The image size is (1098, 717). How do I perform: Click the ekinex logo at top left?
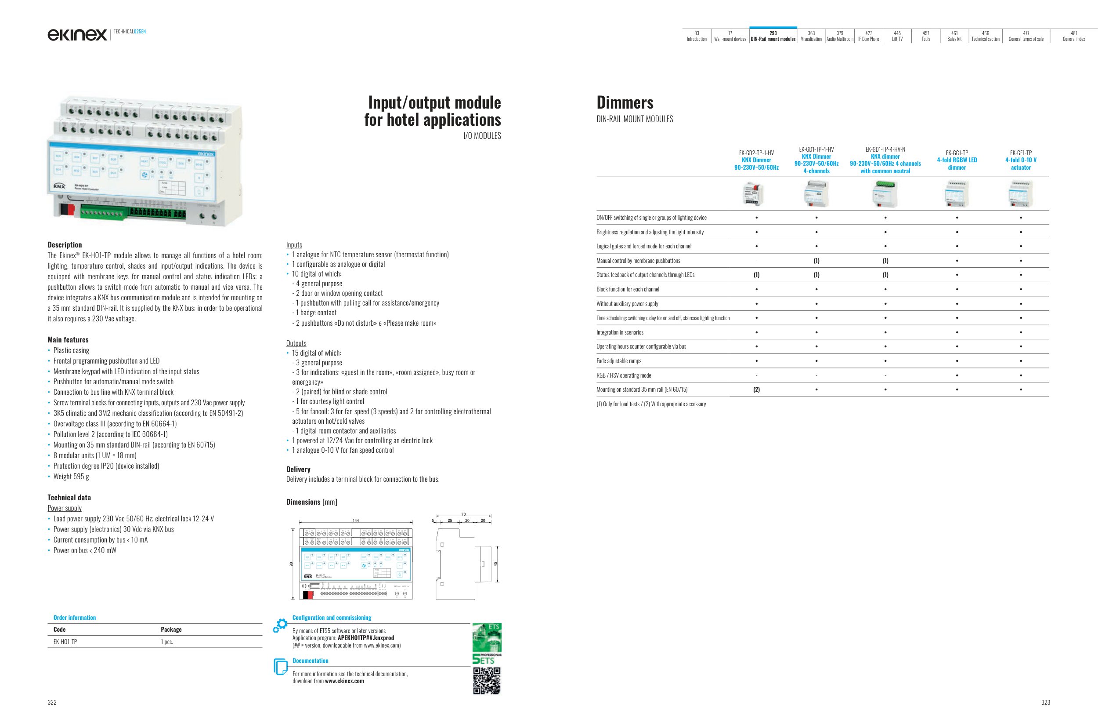(77, 34)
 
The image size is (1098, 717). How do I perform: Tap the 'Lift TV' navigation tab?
(897, 36)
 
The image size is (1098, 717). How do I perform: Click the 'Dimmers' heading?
(625, 102)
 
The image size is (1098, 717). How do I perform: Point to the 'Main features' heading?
(68, 340)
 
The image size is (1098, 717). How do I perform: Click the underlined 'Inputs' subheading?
(294, 245)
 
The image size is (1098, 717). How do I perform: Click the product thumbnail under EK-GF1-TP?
(1021, 194)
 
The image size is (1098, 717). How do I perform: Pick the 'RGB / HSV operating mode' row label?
(623, 375)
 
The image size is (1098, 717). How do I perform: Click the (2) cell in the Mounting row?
(756, 389)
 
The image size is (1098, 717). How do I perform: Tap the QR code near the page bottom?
(486, 681)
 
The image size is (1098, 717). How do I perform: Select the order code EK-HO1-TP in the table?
(65, 642)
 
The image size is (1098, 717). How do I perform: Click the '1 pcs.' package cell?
(166, 642)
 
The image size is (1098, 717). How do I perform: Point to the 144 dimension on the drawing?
(356, 520)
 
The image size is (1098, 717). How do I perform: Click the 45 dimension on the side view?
(495, 564)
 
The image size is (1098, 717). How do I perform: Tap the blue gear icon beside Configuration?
(280, 626)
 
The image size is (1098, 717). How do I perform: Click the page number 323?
(1045, 702)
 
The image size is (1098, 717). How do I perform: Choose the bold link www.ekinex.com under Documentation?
(344, 681)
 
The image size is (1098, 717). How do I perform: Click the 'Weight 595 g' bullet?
(71, 477)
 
